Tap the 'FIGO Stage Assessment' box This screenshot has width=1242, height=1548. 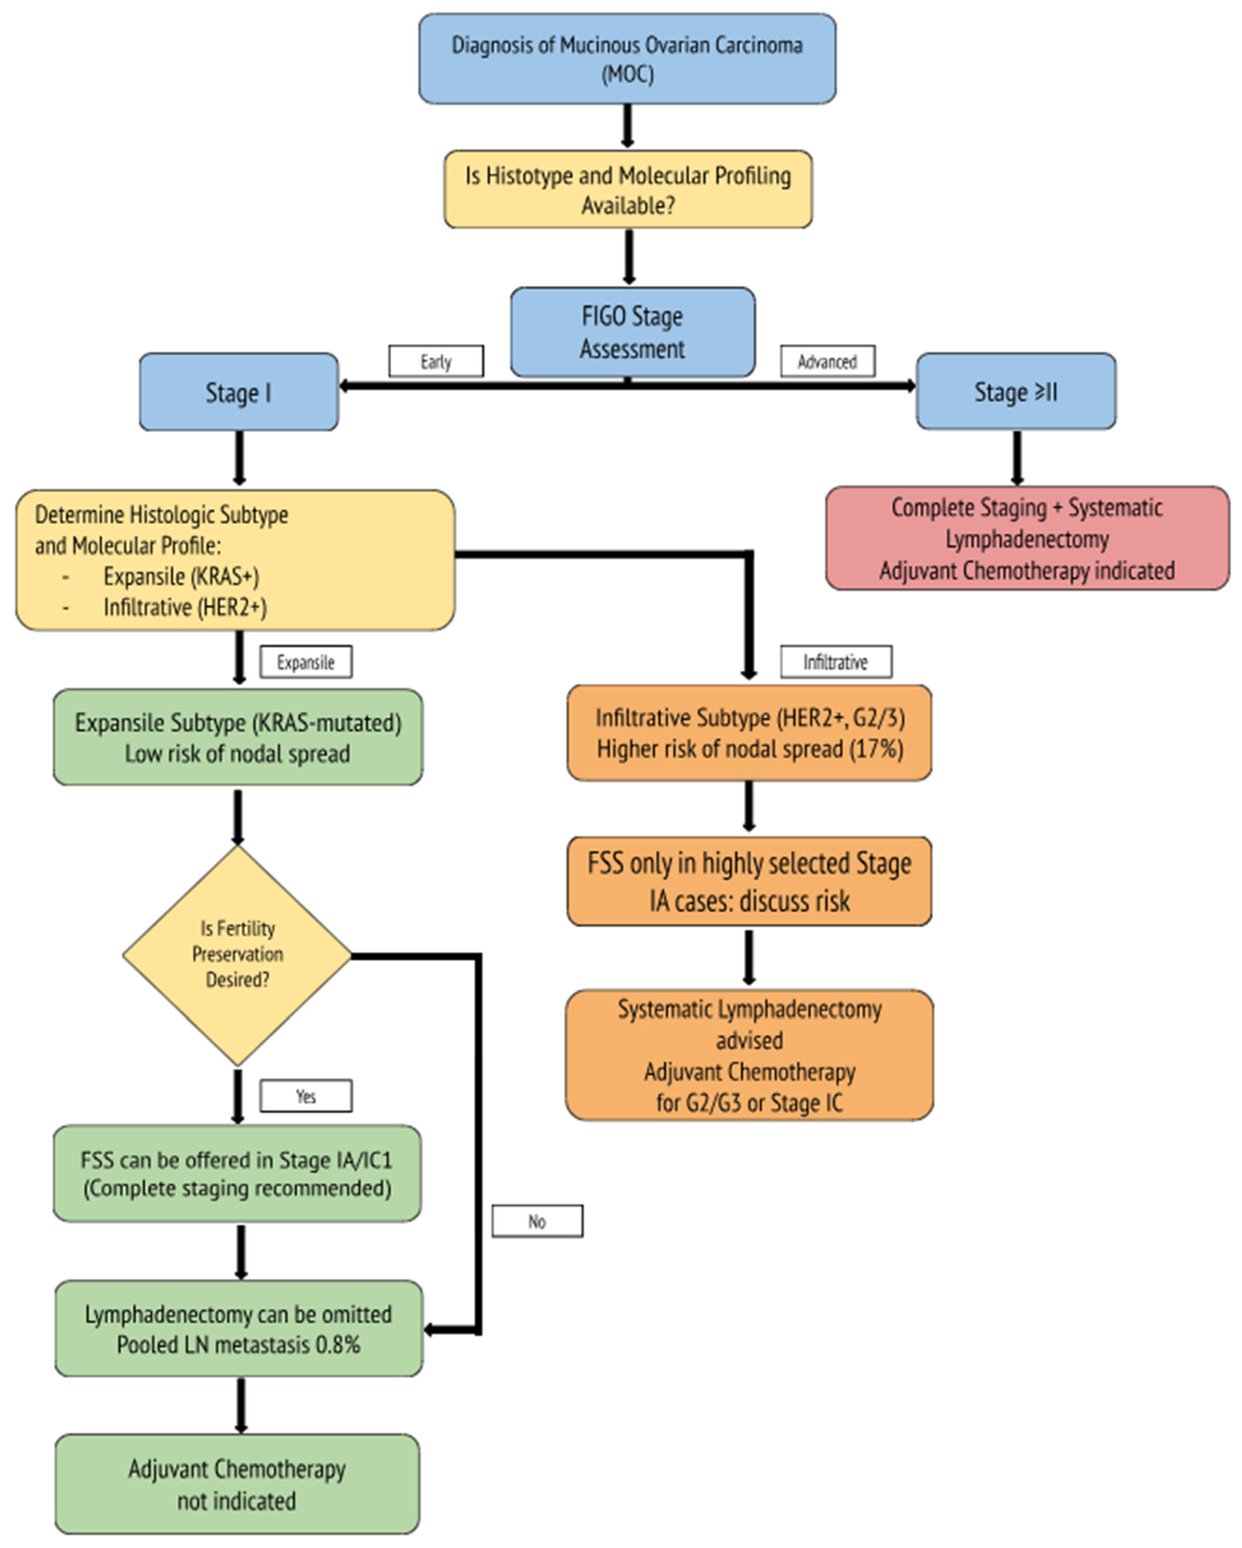[x=632, y=332]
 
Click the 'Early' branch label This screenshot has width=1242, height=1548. [x=435, y=361]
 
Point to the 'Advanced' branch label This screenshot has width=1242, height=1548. [x=827, y=361]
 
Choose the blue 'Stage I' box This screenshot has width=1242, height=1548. [x=238, y=392]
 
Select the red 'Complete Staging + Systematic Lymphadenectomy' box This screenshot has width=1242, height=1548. [x=1027, y=538]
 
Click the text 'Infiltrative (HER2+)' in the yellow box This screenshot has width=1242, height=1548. [x=184, y=608]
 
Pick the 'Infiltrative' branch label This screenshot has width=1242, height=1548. [x=835, y=661]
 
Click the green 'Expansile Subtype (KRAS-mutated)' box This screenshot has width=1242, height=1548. [x=238, y=737]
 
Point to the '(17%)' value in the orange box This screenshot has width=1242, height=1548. [x=876, y=749]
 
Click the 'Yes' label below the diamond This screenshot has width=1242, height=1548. [x=306, y=1096]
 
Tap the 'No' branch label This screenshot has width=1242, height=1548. [x=537, y=1221]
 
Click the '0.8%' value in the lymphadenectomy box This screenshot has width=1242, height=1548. [x=337, y=1344]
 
